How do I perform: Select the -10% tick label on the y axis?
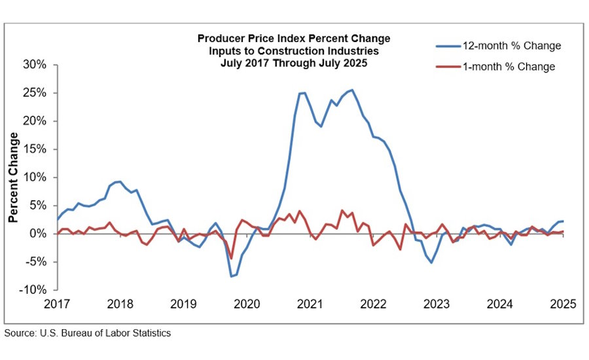click(x=32, y=290)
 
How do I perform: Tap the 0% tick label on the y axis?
click(x=37, y=234)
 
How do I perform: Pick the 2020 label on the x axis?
click(x=247, y=304)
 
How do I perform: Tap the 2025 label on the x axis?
click(x=563, y=304)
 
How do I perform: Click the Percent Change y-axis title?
click(x=13, y=177)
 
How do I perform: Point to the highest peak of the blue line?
click(x=352, y=90)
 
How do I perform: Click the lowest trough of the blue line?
click(x=231, y=276)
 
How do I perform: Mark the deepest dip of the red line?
click(x=231, y=259)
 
